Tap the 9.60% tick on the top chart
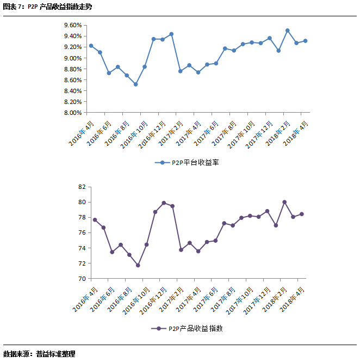(x=72, y=25)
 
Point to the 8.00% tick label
(x=72, y=113)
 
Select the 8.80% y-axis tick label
(x=72, y=69)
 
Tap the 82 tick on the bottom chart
(x=82, y=187)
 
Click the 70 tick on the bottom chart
(x=82, y=278)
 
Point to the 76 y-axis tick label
(x=82, y=232)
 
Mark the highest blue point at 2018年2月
(x=287, y=30)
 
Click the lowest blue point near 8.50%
(x=135, y=84)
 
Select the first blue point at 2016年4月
(x=91, y=46)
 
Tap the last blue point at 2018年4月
(x=305, y=41)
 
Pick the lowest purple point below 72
(x=138, y=265)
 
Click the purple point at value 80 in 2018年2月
(x=284, y=202)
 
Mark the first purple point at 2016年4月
(x=95, y=220)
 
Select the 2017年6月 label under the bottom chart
(x=206, y=299)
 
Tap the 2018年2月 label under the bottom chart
(x=276, y=299)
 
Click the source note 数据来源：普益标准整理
(x=39, y=354)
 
